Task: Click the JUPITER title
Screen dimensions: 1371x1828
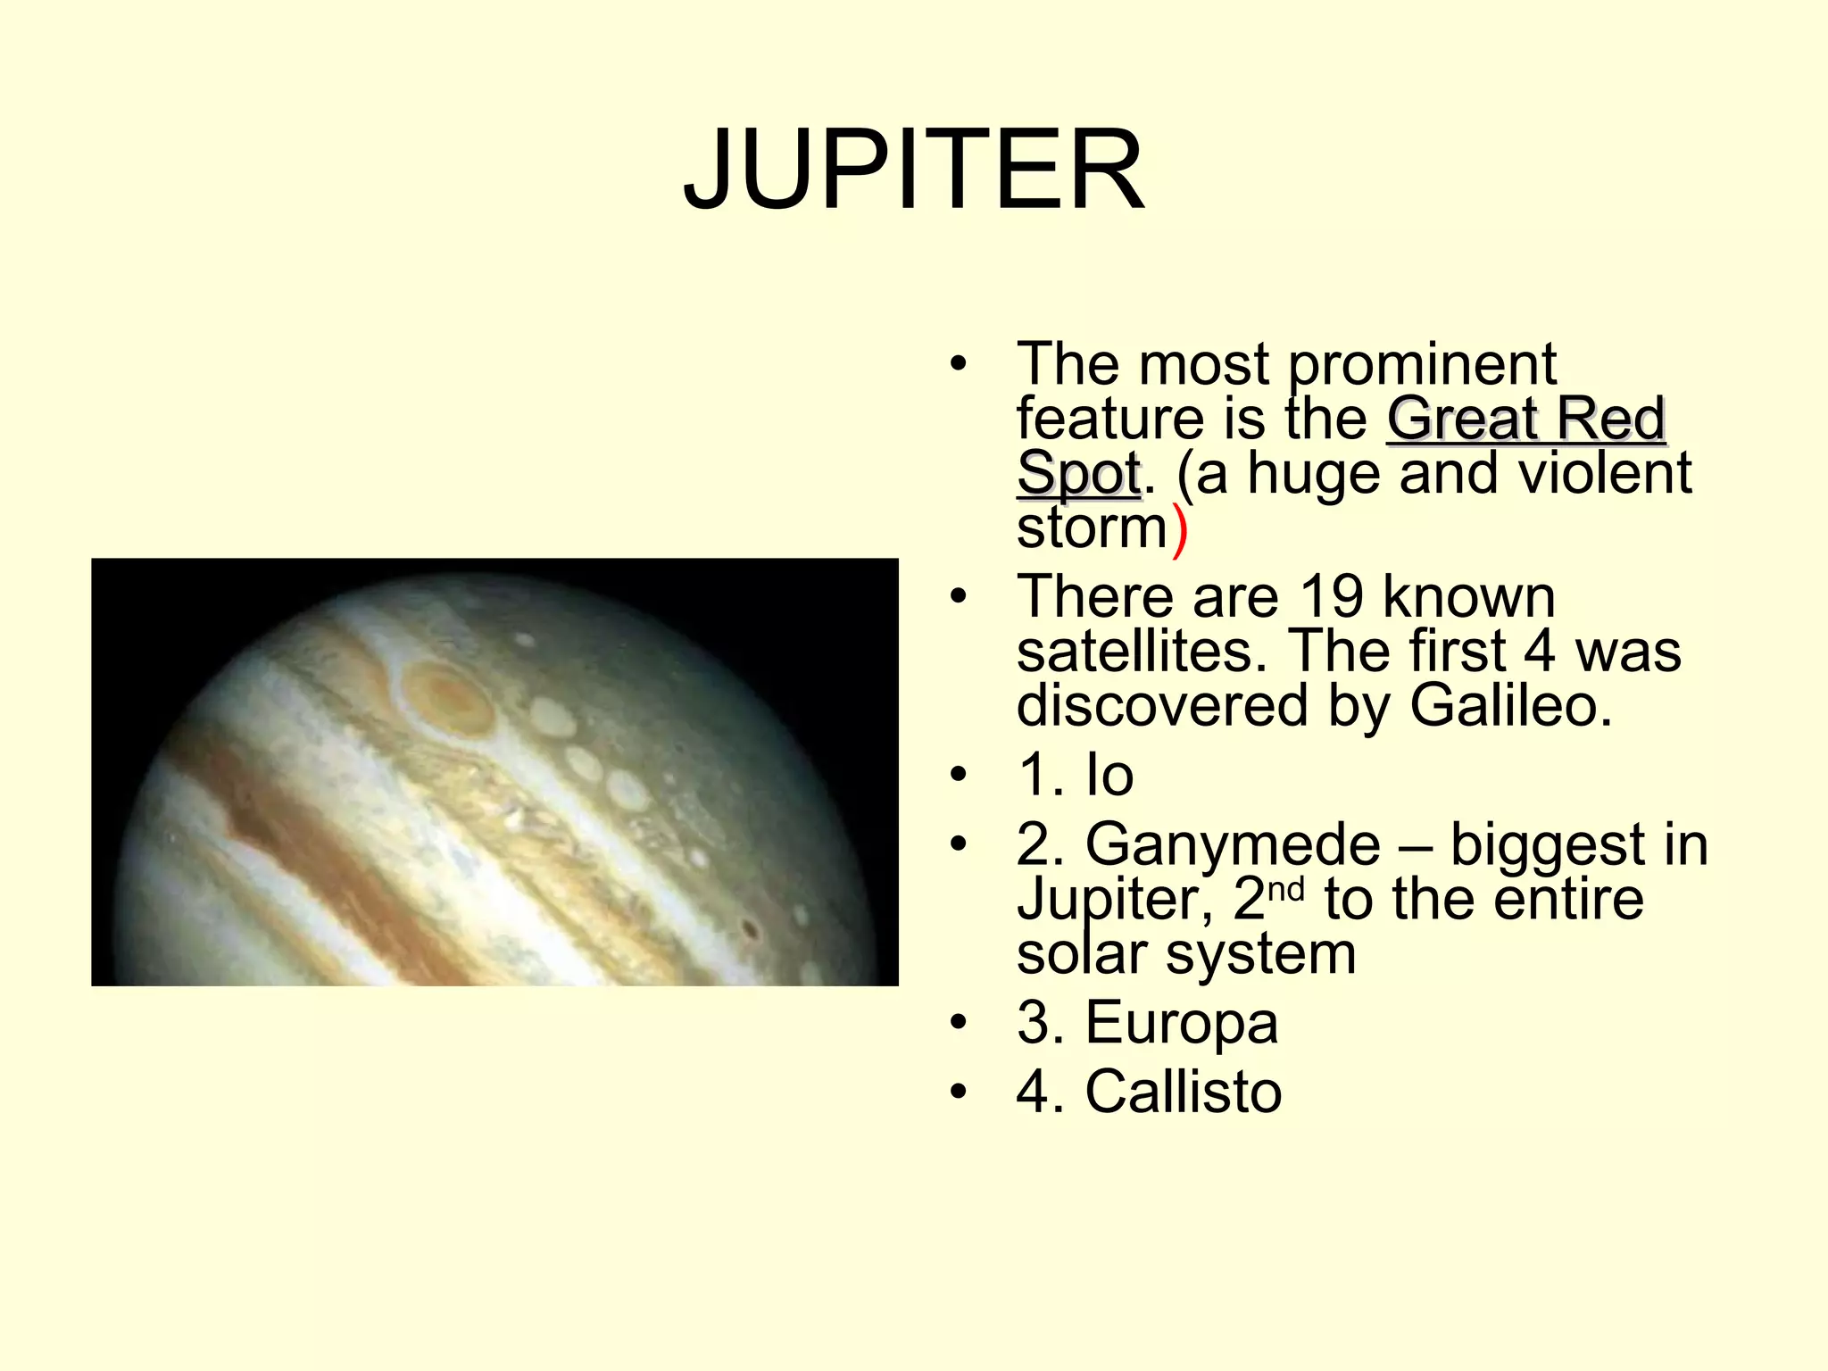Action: point(913,170)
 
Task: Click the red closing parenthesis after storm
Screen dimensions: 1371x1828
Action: point(1180,529)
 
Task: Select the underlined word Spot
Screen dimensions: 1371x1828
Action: point(1078,474)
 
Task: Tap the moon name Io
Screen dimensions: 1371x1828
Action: point(1109,774)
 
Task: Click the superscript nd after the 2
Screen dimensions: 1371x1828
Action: point(1286,888)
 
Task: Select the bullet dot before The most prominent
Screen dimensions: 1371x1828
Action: point(959,364)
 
